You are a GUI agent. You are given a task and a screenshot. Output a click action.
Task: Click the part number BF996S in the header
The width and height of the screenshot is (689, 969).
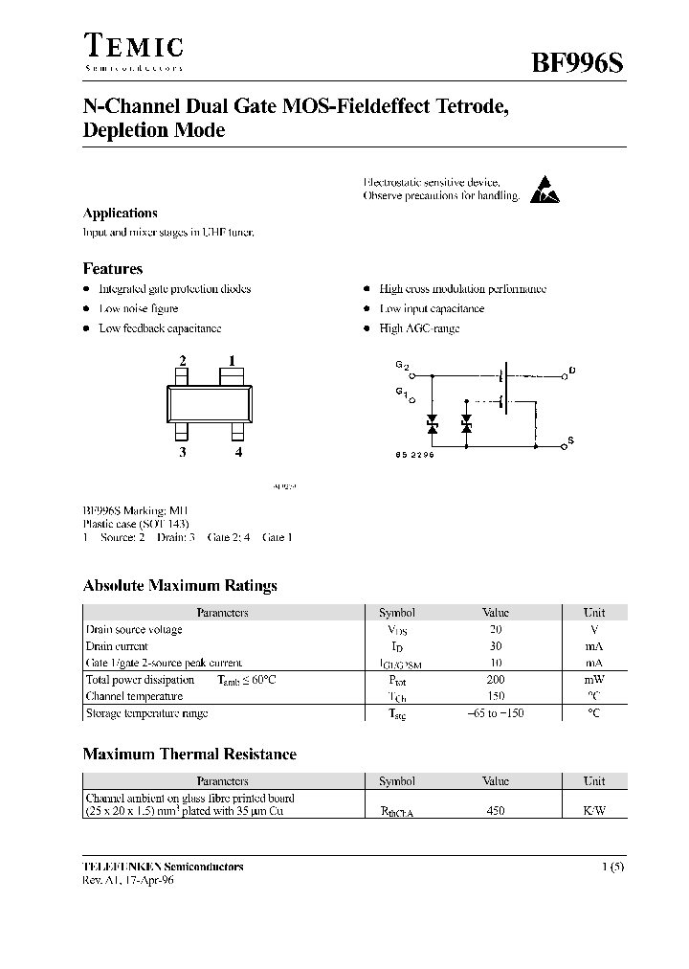pyautogui.click(x=579, y=63)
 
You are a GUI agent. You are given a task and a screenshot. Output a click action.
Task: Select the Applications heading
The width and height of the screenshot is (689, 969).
pyautogui.click(x=120, y=214)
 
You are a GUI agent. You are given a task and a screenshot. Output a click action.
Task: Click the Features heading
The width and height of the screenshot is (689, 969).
pyautogui.click(x=113, y=269)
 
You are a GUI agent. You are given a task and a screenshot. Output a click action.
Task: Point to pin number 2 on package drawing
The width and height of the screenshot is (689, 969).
pyautogui.click(x=182, y=361)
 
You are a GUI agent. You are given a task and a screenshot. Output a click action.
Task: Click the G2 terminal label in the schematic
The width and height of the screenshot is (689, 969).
pyautogui.click(x=402, y=366)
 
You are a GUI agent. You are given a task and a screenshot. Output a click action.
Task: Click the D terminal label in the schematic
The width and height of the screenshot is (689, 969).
pyautogui.click(x=571, y=370)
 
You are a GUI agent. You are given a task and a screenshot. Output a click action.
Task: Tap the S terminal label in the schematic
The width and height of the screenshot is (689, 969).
pyautogui.click(x=571, y=440)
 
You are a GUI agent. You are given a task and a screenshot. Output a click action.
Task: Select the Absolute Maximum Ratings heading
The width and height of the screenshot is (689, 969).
pyautogui.click(x=180, y=586)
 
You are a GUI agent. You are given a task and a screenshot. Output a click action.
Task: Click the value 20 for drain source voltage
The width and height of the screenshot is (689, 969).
pyautogui.click(x=496, y=630)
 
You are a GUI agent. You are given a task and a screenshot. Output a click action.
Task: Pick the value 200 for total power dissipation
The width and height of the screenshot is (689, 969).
pyautogui.click(x=496, y=680)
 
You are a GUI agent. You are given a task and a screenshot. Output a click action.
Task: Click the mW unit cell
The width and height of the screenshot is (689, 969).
pyautogui.click(x=594, y=680)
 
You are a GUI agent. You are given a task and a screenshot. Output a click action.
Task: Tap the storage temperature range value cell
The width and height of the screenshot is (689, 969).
pyautogui.click(x=496, y=713)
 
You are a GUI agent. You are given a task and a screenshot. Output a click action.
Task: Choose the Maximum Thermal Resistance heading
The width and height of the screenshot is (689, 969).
pyautogui.click(x=189, y=755)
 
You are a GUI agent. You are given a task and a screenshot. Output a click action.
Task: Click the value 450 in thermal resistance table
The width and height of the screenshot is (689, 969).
pyautogui.click(x=496, y=811)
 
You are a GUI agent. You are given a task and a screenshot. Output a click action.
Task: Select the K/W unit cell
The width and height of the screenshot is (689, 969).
pyautogui.click(x=594, y=811)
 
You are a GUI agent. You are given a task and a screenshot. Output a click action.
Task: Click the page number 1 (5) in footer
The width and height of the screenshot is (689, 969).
pyautogui.click(x=613, y=867)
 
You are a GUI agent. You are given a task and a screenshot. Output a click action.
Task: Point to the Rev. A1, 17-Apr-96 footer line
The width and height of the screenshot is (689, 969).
pyautogui.click(x=128, y=880)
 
